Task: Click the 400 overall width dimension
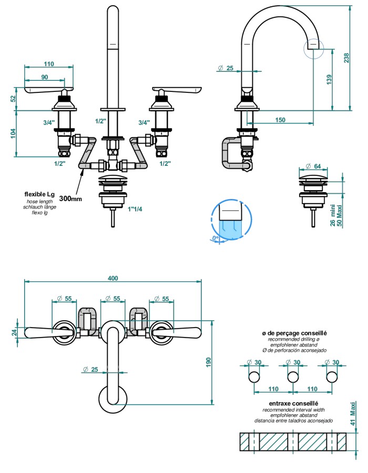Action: [113, 278]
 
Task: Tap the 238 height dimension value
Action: [346, 58]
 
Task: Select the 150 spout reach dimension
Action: [280, 120]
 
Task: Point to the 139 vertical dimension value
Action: [329, 79]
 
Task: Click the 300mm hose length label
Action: [70, 198]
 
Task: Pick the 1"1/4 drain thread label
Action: [135, 209]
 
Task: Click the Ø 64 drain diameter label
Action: [313, 166]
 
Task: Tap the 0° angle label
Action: [215, 238]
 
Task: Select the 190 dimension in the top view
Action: [209, 363]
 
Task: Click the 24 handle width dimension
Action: [14, 332]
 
